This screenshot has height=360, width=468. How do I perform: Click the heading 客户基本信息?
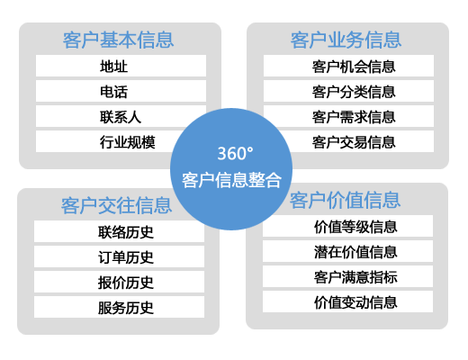(x=118, y=40)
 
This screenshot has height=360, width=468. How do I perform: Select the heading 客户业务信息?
(x=346, y=40)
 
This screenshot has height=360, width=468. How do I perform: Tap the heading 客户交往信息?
(x=116, y=206)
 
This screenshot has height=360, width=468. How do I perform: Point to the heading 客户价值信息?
(x=345, y=200)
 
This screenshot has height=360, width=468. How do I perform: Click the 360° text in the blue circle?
(x=235, y=154)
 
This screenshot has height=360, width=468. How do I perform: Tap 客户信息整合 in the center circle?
(x=231, y=180)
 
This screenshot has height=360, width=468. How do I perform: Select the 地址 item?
(x=113, y=67)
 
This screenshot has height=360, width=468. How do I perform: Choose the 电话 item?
(x=113, y=92)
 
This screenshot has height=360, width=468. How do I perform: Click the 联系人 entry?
(x=121, y=117)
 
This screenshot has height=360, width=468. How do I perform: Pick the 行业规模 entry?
(x=128, y=142)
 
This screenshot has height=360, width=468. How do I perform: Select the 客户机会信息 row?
(x=354, y=67)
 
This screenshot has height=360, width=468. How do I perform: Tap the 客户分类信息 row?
(x=354, y=92)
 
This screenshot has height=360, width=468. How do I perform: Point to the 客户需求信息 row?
(x=354, y=117)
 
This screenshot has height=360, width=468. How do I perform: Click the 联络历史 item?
(x=126, y=232)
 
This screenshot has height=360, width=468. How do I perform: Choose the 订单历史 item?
(x=126, y=257)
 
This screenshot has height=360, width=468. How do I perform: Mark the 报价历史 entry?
(x=126, y=283)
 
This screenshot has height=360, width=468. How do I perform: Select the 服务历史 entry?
(x=126, y=308)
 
